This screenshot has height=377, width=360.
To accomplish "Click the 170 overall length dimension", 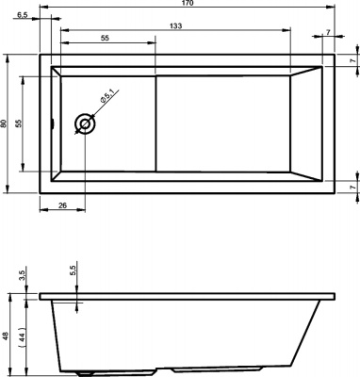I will click(x=188, y=5).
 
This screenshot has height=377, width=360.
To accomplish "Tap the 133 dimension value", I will click(x=176, y=25).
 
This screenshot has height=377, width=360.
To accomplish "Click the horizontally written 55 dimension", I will click(x=104, y=38).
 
